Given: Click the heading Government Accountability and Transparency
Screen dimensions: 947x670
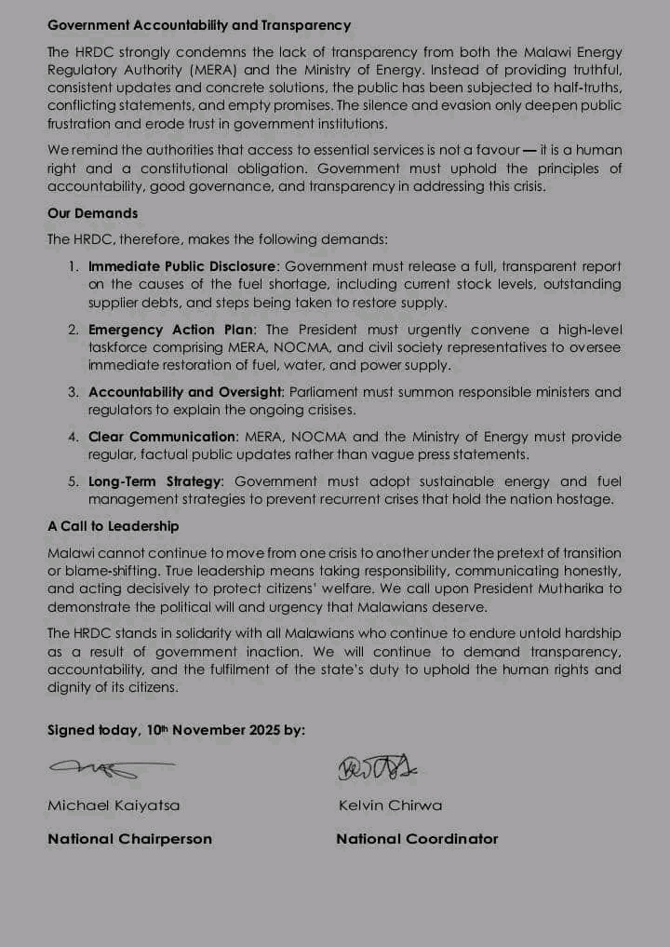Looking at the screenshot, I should pos(199,25).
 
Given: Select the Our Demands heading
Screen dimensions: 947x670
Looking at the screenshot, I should pos(92,213).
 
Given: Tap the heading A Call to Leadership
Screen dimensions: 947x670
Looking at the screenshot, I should pos(113,526).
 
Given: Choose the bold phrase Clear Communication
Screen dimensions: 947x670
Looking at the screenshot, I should pos(162,437).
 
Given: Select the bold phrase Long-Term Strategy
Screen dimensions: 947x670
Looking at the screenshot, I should pos(155,481).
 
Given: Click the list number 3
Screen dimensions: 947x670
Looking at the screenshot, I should pos(73,392).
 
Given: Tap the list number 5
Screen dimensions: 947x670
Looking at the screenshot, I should pos(73,481).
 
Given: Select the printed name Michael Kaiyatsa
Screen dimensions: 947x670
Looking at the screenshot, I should pos(114,805).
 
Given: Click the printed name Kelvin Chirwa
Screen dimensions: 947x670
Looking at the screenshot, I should pos(390,805).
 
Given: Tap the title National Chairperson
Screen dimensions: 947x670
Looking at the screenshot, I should pos(129,839).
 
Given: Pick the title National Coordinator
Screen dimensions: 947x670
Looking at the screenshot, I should pos(417,839).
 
